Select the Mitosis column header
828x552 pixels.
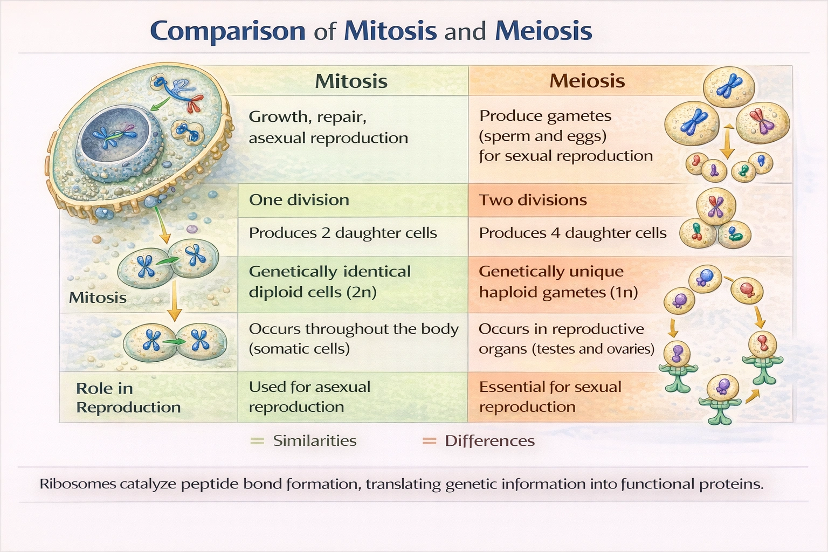coord(351,81)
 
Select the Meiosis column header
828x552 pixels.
coord(587,81)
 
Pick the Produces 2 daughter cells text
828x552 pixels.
coord(343,233)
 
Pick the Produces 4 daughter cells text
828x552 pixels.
coord(572,233)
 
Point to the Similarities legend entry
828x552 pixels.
coord(314,441)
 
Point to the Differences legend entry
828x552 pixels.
coord(489,441)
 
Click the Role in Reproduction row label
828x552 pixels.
coord(128,397)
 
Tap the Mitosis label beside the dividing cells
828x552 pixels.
coord(98,298)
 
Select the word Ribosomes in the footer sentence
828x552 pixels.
coord(78,484)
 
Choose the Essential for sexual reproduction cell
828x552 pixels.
coord(550,396)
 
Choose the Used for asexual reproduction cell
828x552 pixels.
coord(309,396)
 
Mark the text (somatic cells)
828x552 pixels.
coord(299,349)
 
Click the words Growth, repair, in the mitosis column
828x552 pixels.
coord(307,117)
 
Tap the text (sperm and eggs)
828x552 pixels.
coord(542,136)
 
